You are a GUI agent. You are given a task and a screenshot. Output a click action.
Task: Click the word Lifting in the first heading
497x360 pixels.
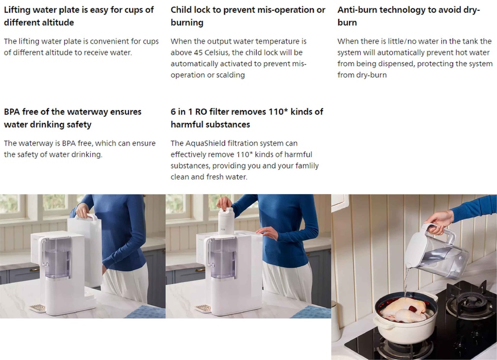click(16, 10)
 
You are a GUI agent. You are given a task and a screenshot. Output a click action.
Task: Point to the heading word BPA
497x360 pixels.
click(12, 112)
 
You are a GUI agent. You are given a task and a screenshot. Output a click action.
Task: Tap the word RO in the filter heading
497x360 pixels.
click(201, 112)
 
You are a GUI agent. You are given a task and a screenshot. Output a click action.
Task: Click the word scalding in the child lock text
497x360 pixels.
click(230, 75)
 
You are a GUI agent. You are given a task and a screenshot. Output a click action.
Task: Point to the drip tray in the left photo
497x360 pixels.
click(37, 308)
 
